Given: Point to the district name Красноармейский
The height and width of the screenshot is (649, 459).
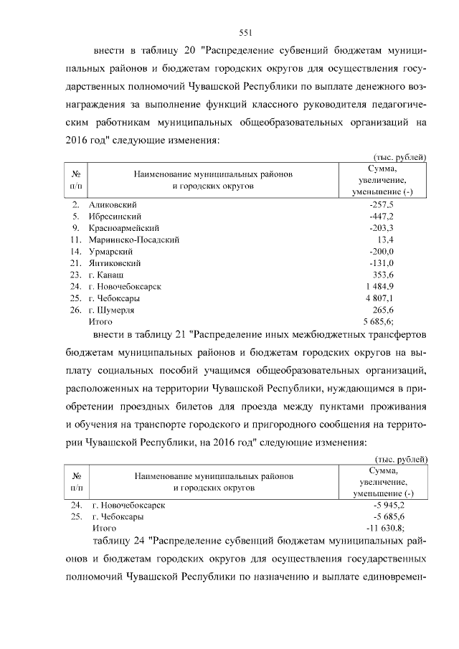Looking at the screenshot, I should tap(122, 228).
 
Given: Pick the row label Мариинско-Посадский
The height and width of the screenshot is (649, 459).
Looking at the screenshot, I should tap(133, 240).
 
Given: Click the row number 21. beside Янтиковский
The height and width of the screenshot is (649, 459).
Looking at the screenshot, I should tap(75, 263).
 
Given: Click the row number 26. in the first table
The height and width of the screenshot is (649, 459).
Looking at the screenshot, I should tap(75, 310).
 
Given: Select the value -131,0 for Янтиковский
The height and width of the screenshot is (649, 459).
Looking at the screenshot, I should tap(384, 263).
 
